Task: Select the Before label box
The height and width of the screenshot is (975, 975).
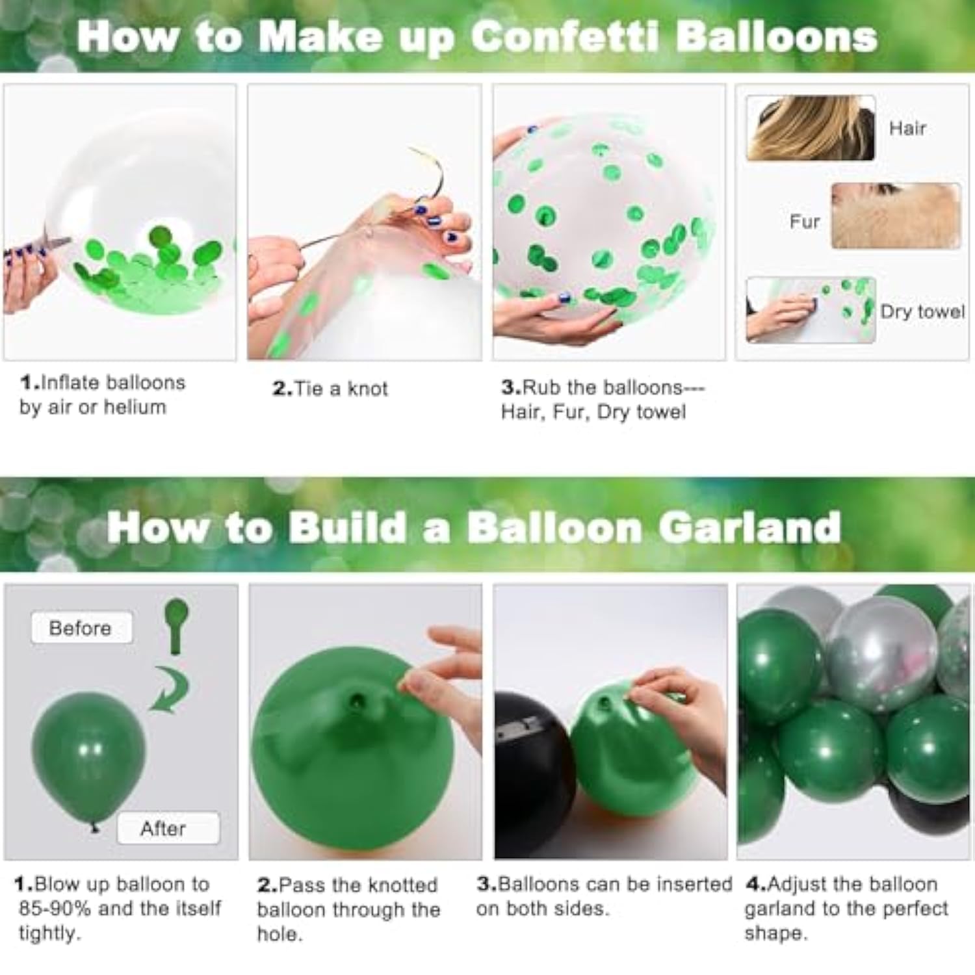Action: pos(81,628)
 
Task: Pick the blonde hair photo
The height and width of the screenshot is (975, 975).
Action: pos(810,128)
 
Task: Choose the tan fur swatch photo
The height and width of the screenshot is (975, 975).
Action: pos(895,216)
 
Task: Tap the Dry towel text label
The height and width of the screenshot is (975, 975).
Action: pos(922,312)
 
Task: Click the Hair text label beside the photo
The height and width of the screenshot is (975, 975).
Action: pos(907,129)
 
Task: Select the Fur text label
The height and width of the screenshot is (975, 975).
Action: pos(805,222)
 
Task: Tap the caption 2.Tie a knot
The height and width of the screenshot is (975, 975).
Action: pos(330,389)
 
